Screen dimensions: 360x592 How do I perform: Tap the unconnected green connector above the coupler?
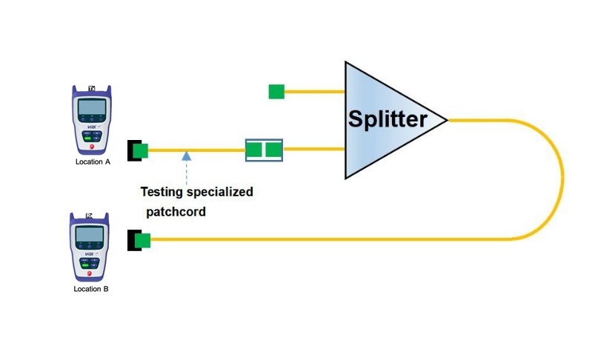click(276, 92)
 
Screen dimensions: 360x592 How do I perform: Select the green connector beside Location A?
click(141, 151)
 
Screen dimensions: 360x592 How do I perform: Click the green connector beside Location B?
click(142, 240)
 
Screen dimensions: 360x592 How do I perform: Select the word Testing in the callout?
click(161, 192)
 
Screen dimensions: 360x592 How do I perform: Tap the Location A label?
click(93, 161)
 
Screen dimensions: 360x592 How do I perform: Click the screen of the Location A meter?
click(91, 108)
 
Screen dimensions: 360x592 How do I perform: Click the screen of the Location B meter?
click(90, 236)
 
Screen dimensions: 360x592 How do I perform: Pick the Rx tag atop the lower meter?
click(90, 216)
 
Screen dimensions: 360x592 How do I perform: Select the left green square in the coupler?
click(255, 150)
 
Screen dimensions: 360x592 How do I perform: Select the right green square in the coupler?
click(273, 150)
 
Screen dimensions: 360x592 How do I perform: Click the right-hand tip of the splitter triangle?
click(446, 119)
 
